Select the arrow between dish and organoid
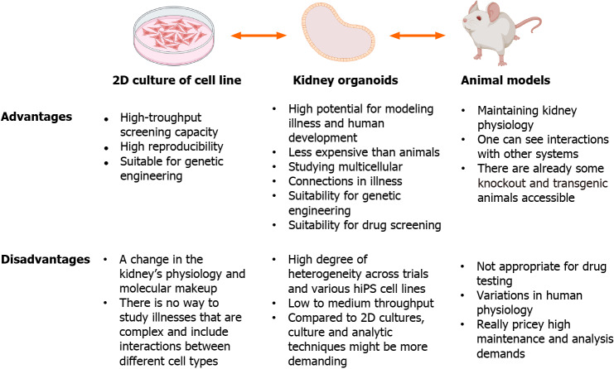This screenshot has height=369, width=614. pos(259,36)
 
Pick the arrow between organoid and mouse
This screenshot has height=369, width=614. pos(417,36)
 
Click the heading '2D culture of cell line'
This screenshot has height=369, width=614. pos(176,80)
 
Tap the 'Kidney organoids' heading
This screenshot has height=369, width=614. pos(346,80)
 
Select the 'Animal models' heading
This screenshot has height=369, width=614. pos(505,80)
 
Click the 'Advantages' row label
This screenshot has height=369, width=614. pos(36,117)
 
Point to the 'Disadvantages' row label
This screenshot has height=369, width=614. pos(46,259)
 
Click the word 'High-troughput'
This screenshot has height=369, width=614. pos(161,117)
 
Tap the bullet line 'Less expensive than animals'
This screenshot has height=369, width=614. pos(364,152)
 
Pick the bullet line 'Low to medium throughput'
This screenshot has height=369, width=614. pos(360,304)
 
